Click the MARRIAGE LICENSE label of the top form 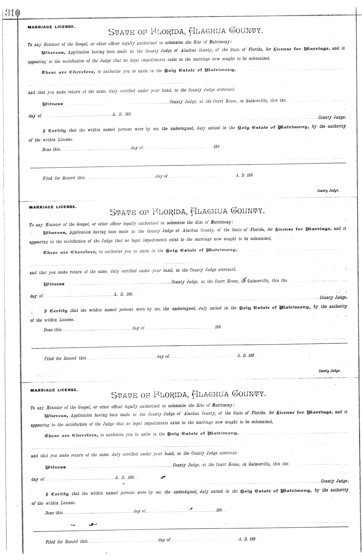pyautogui.click(x=51, y=27)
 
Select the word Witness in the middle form pyautogui.click(x=54, y=284)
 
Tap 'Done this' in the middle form pyautogui.click(x=52, y=330)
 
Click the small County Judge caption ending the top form pyautogui.click(x=328, y=191)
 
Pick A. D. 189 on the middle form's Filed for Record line pyautogui.click(x=246, y=356)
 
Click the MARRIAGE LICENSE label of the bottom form pyautogui.click(x=54, y=390)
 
